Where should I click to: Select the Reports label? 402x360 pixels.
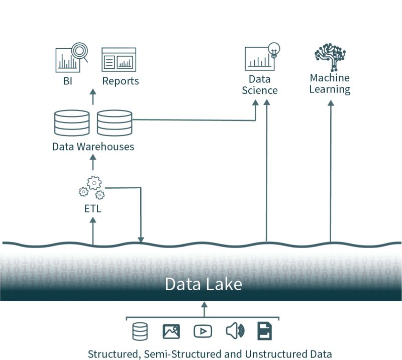[x=121, y=81]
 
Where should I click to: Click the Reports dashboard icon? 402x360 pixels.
[x=119, y=60]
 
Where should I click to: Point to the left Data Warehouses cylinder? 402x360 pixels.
[x=72, y=123]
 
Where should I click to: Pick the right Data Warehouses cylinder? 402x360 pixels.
[x=114, y=123]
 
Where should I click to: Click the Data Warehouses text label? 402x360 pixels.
[x=93, y=147]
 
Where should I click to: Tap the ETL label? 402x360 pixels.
[x=92, y=209]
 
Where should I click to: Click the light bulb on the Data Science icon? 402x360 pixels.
[x=274, y=49]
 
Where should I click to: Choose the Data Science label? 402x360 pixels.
[x=260, y=85]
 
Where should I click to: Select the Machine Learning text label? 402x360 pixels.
[x=330, y=84]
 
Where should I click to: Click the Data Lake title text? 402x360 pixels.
[x=204, y=285]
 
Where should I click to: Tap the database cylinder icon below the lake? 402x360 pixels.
[x=140, y=331]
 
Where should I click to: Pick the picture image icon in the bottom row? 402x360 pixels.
[x=171, y=331]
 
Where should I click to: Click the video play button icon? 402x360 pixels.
[x=203, y=331]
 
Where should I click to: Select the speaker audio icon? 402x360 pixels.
[x=234, y=331]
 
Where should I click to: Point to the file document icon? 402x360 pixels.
[x=265, y=331]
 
